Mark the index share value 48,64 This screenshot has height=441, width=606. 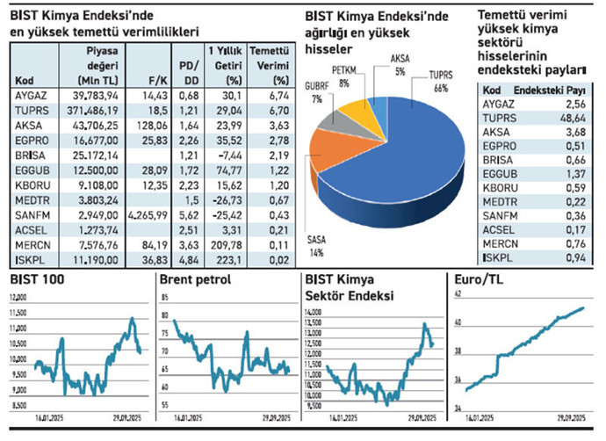pos(572,118)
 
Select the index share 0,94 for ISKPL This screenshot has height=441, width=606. pos(572,257)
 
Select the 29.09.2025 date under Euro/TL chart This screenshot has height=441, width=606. pos(573,417)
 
